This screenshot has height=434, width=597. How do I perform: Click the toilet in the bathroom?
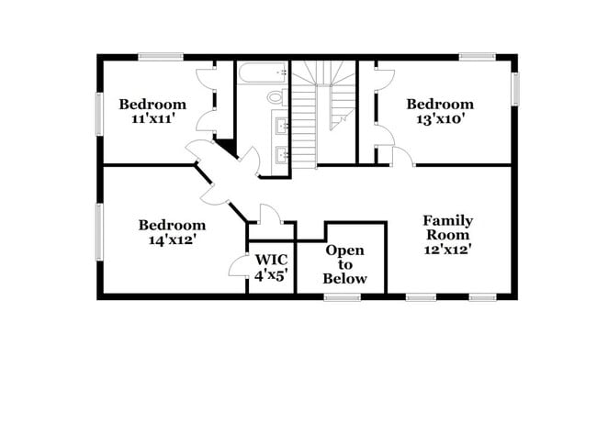coord(275,96)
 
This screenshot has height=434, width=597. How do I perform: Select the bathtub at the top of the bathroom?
coord(263,72)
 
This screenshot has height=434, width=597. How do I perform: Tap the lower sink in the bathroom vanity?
coord(283,154)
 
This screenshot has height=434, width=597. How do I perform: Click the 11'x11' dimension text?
coord(152,119)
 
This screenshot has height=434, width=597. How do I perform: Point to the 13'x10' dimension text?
coord(440,119)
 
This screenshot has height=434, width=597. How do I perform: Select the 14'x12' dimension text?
coord(172,240)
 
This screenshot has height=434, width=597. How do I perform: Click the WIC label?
coord(271,260)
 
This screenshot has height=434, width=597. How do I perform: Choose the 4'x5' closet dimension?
coord(271,275)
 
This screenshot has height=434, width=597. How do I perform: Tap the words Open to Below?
coord(344,264)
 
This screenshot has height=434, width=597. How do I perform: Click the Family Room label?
coord(447,228)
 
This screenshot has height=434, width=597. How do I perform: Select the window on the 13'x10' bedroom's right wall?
coord(515,88)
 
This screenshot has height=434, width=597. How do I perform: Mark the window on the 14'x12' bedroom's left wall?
coord(99,231)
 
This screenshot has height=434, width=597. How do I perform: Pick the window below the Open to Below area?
coord(343,296)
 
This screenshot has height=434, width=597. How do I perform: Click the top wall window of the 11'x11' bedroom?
coord(161,57)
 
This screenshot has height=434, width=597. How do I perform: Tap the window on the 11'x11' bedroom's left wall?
coord(99,114)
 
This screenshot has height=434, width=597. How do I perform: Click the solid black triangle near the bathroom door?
coord(224,146)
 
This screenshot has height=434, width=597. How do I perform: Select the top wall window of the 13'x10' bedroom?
coord(478,57)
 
